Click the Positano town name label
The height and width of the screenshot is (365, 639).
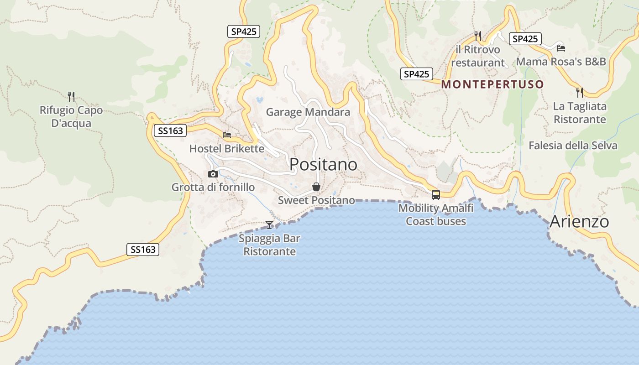point(323,164)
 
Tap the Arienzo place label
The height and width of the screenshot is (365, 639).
point(579,222)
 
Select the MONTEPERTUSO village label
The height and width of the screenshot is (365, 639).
point(492,84)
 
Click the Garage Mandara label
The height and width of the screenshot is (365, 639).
point(308,112)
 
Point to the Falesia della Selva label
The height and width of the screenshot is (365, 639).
point(573,146)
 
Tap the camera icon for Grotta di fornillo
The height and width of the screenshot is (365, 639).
point(213,174)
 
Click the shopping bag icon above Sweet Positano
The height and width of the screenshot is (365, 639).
point(316,187)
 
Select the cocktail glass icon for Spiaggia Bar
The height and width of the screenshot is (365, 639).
point(269,224)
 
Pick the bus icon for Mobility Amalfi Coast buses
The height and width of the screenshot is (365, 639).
point(436,195)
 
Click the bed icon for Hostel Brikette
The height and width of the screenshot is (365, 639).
point(227,135)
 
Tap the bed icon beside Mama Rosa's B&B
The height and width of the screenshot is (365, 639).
point(561,48)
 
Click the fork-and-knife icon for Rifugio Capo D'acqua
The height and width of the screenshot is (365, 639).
point(71,96)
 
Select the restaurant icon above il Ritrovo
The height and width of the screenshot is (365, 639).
point(478,35)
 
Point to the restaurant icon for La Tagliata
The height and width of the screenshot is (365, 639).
point(580,93)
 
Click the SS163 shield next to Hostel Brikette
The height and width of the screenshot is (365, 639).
point(170,131)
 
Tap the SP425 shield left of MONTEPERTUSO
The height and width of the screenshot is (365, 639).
point(417,74)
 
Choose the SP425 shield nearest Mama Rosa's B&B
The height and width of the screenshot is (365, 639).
point(525,39)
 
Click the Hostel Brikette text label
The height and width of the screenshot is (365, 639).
point(227,149)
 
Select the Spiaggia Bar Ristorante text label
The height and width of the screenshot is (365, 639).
point(270,245)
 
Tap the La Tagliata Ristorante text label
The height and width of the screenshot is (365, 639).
point(580,113)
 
